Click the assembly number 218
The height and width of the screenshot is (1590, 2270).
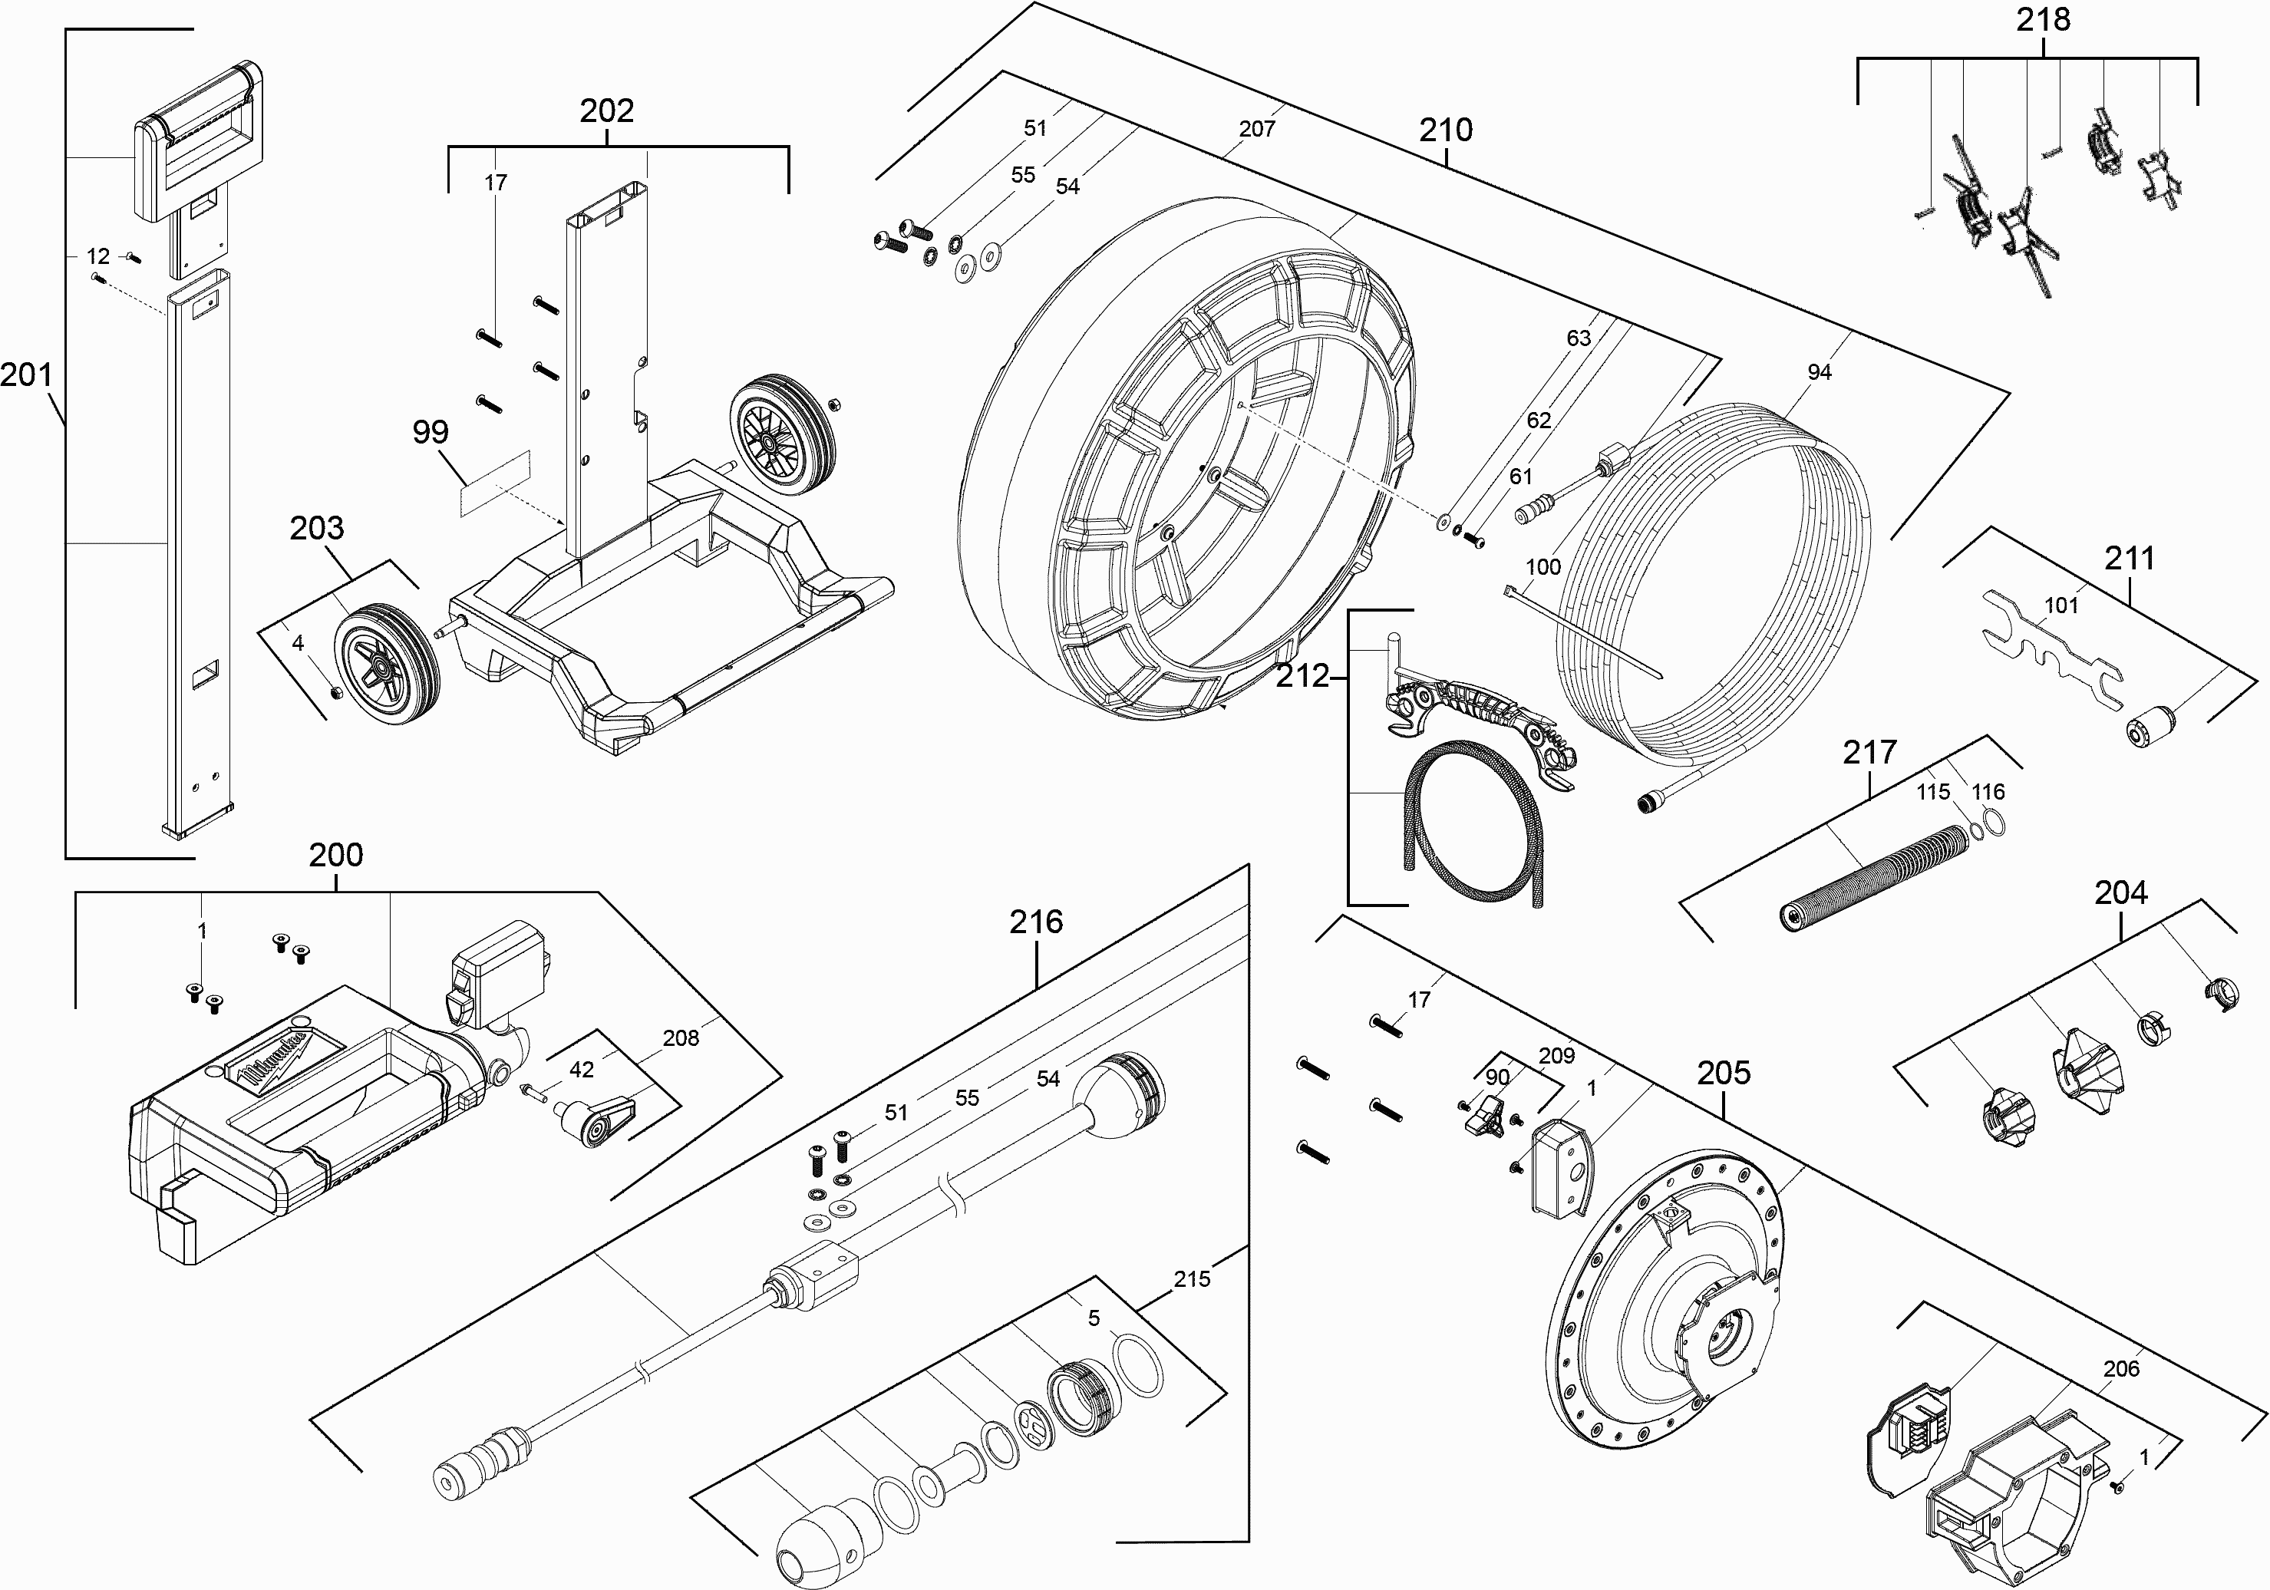(x=2043, y=21)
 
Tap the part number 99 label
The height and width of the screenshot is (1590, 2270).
(x=430, y=432)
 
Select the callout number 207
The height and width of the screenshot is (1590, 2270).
(x=1256, y=129)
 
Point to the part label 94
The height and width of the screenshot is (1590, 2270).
(x=1820, y=371)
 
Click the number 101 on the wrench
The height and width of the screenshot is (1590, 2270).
(x=2061, y=605)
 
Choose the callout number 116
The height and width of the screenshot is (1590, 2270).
(x=1988, y=792)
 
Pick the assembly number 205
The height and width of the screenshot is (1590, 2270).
(x=1724, y=1073)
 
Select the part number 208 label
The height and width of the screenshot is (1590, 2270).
(x=680, y=1038)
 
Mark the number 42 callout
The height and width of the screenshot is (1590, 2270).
(x=582, y=1069)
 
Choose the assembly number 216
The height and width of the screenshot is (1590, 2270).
(x=1036, y=922)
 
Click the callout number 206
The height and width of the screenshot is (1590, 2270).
(x=2120, y=1368)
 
